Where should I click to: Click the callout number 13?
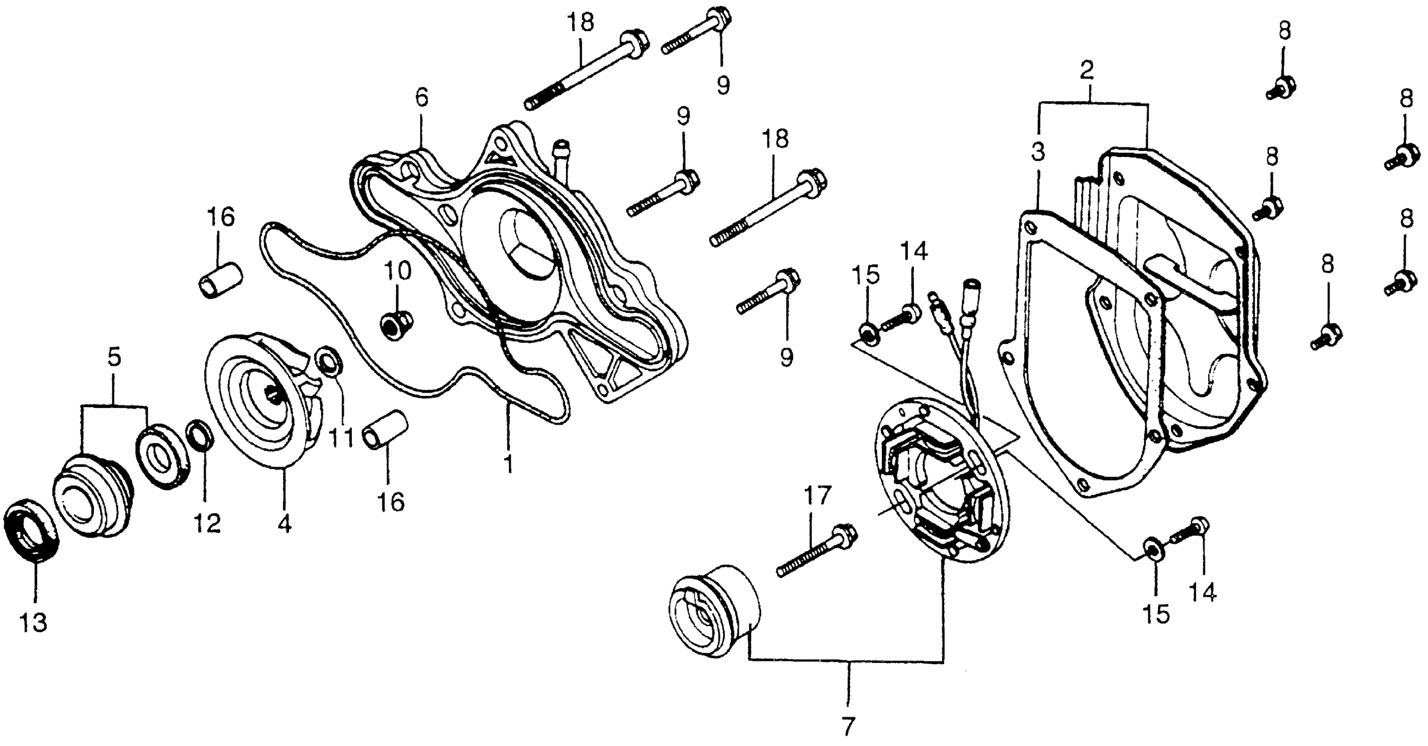34,622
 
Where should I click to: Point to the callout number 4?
284,523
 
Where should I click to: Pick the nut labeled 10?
396,323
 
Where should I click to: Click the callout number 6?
422,98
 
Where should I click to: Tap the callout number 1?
508,464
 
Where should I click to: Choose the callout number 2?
1087,71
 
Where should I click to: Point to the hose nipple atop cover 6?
561,162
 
